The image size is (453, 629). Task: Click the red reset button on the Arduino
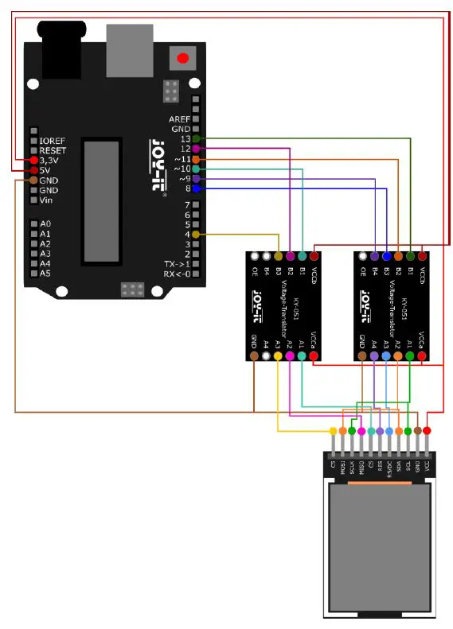183,58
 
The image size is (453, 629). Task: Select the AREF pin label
179,118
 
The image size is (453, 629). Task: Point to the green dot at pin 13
196,138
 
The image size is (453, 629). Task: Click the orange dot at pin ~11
196,159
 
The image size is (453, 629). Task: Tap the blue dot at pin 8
196,189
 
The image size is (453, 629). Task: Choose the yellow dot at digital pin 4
196,235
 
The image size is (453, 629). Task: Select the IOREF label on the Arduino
53,140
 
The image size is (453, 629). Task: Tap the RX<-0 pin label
177,274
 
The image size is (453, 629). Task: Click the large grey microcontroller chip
103,200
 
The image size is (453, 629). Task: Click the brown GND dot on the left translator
254,356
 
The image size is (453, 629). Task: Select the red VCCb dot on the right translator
422,256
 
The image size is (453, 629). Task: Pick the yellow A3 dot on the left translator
278,356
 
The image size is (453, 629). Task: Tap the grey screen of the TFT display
382,549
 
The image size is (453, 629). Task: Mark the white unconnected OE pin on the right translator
362,256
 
